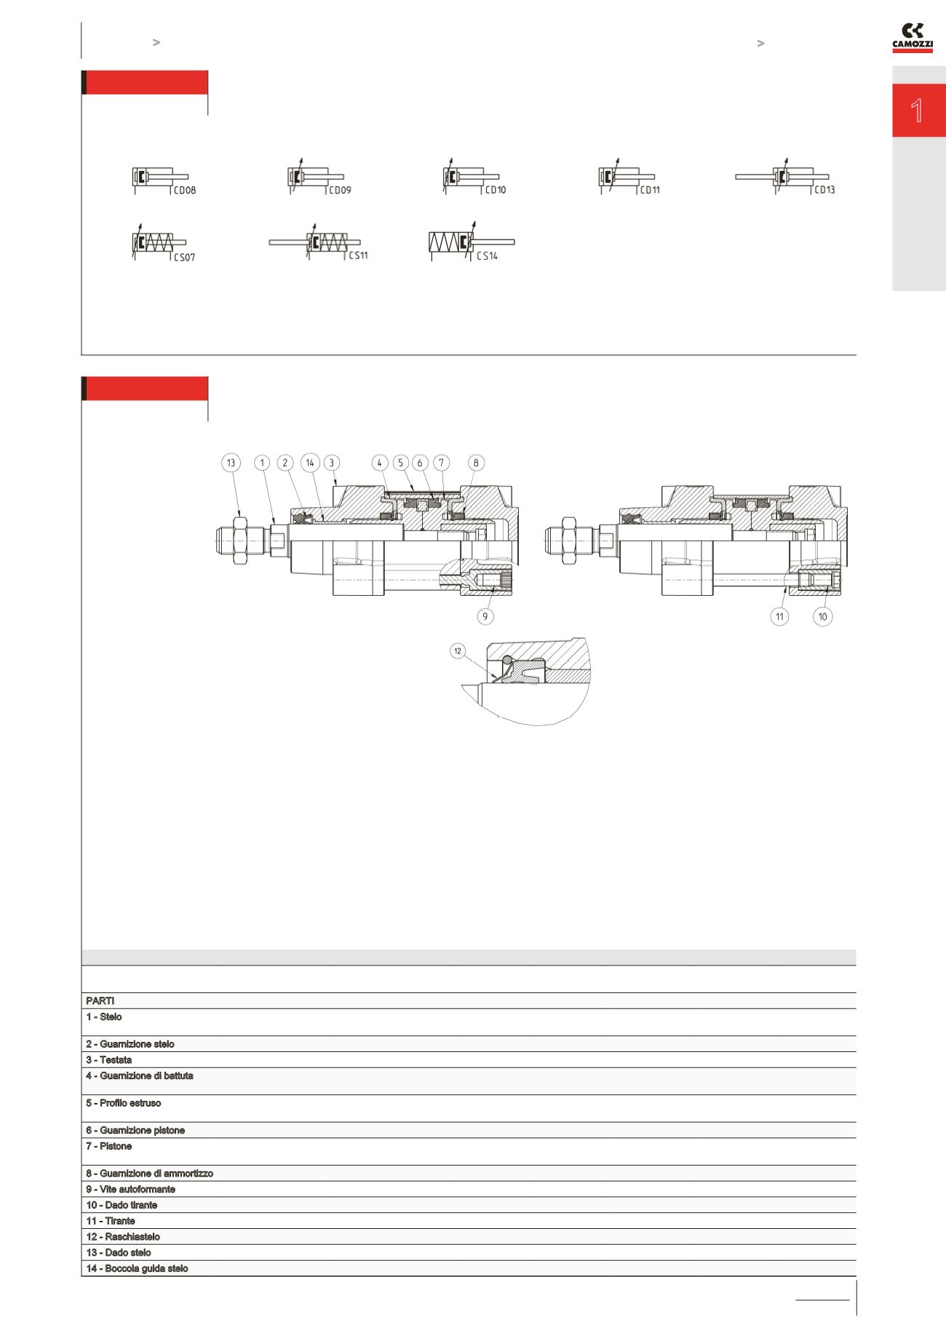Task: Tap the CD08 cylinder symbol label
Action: pos(184,191)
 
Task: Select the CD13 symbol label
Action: pos(824,190)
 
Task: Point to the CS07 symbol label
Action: pos(184,258)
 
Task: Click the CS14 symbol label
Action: pos(487,256)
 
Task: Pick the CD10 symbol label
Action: pos(495,190)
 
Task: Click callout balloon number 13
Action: pos(231,463)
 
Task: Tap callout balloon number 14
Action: pos(310,463)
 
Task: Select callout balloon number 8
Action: pos(476,463)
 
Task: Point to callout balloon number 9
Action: pos(485,616)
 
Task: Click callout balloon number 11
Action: pos(779,616)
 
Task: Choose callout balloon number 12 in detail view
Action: pos(458,650)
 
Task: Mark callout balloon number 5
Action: pos(400,463)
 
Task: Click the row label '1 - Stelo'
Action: pos(104,1016)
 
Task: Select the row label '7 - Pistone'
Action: pos(109,1146)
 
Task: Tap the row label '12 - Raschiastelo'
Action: pos(123,1236)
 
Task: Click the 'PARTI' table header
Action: pos(100,1000)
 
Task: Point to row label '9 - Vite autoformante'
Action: pos(130,1189)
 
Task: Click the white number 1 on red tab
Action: pos(918,111)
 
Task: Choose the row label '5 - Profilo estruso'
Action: pos(124,1103)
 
